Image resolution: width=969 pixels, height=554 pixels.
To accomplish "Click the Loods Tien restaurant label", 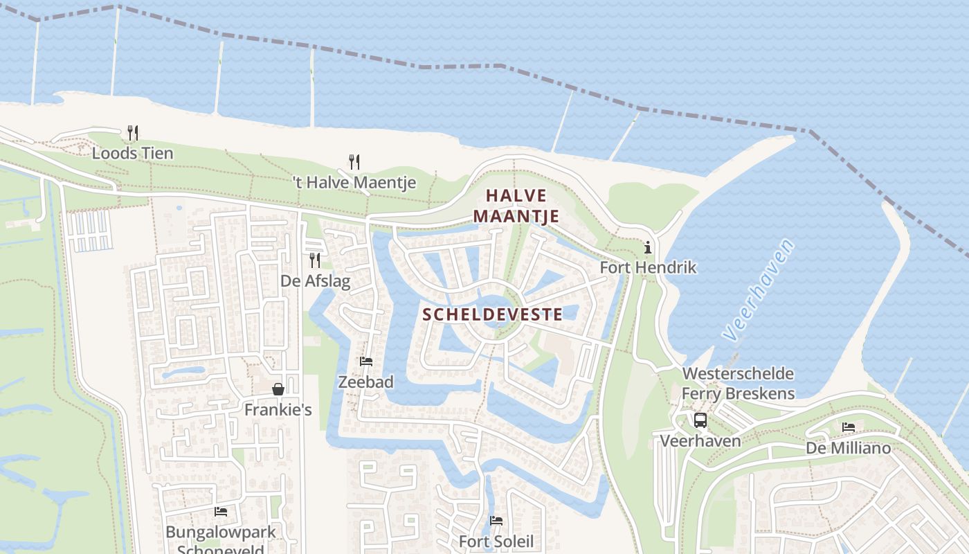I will click(133, 153).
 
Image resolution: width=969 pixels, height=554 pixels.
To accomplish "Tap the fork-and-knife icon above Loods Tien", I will click(133, 132).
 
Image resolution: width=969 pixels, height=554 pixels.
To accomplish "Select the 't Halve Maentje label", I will click(354, 183).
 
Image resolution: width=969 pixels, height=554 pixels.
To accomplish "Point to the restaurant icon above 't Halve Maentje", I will click(354, 162).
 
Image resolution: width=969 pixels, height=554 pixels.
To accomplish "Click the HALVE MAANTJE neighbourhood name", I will click(516, 206).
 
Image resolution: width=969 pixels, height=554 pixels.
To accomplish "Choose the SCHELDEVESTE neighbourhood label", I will click(492, 314).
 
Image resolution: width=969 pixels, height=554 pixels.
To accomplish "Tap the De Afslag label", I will click(315, 281).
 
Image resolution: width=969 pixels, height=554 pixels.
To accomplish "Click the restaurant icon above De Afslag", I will click(315, 260).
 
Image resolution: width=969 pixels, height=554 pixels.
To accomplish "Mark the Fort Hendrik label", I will click(648, 267).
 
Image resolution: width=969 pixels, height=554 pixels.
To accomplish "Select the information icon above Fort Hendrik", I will click(648, 247).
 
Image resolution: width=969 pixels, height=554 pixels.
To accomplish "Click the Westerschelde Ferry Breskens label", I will click(738, 384).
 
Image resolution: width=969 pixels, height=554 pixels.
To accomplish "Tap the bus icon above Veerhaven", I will click(700, 420).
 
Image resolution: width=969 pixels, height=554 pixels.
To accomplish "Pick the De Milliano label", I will click(848, 448).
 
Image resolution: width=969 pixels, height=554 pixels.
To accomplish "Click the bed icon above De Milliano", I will click(849, 427).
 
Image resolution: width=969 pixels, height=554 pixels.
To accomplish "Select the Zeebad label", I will click(365, 382).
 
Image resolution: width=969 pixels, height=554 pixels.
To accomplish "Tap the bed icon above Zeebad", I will click(366, 361).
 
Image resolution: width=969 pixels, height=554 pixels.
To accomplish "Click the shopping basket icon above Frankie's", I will click(278, 389).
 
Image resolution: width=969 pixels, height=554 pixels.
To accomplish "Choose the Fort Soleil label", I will click(496, 541).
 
